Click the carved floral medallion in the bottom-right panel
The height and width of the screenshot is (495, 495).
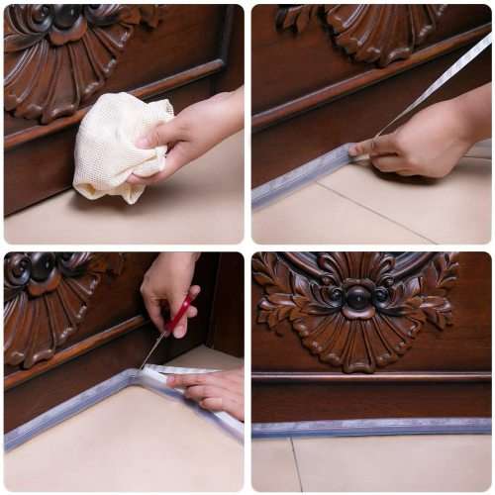click(356, 302)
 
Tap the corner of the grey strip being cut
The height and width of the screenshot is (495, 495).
click(134, 377)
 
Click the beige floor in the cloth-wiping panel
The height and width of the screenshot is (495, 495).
click(148, 218)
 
